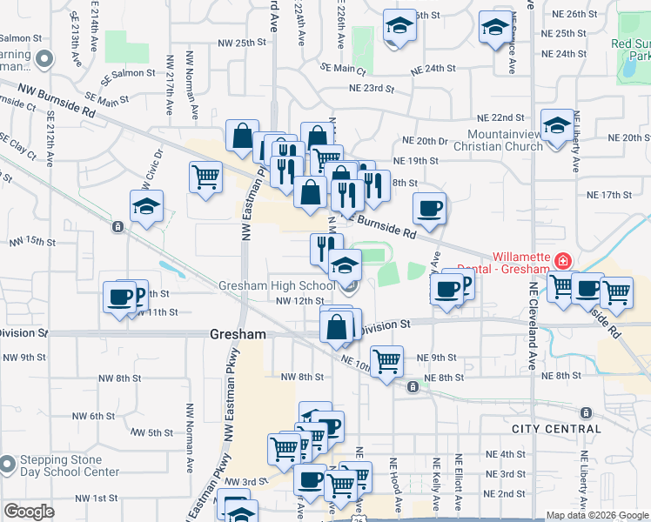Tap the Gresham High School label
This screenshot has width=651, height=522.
[276, 285]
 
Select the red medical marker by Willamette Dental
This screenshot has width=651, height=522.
[564, 260]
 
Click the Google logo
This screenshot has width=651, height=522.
[28, 512]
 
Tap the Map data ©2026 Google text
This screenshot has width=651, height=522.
[597, 515]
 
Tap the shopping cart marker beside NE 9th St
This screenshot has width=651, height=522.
[386, 360]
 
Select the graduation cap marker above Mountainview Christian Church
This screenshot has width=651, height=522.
[556, 125]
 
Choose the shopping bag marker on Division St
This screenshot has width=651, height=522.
[336, 328]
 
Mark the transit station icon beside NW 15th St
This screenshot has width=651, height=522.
[117, 227]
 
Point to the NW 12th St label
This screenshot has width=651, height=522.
[299, 301]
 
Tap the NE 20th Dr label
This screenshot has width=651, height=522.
[425, 141]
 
